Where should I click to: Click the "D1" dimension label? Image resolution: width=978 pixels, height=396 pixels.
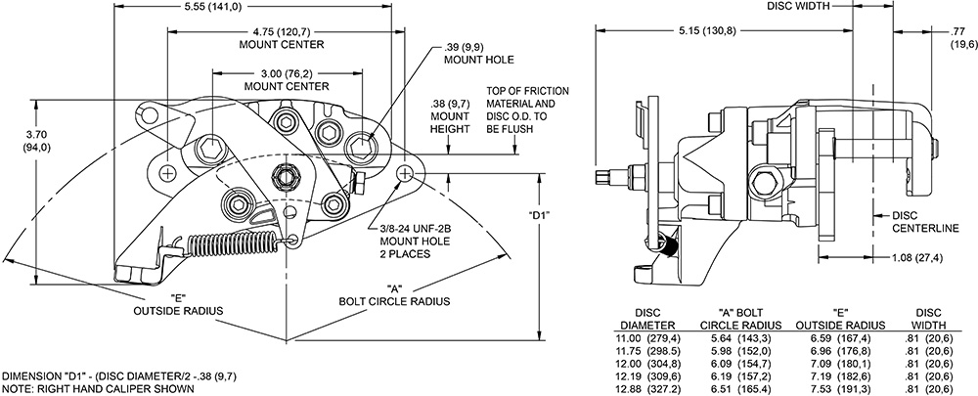pos(542,216)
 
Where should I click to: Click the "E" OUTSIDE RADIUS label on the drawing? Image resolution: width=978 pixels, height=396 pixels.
pos(178,304)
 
